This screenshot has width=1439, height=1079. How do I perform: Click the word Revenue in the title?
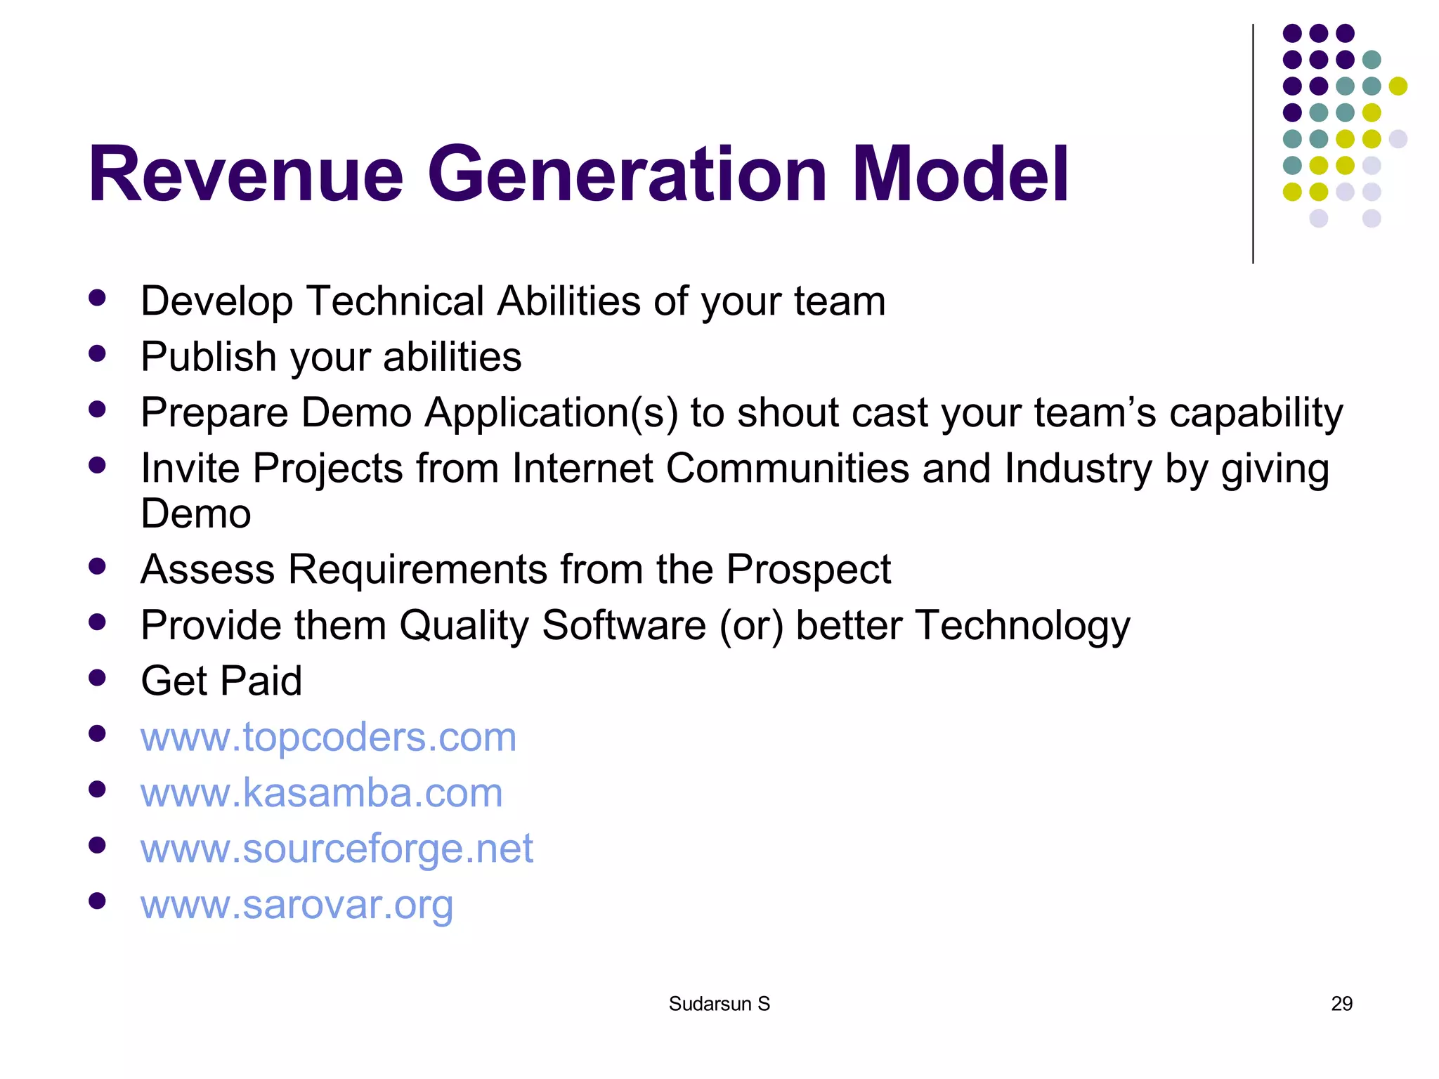245,174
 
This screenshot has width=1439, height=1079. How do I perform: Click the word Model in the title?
960,174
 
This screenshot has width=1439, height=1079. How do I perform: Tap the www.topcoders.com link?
328,737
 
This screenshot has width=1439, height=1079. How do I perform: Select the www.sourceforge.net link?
337,848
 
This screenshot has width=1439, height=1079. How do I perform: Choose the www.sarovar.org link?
297,904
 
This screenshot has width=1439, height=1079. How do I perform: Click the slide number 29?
1341,1004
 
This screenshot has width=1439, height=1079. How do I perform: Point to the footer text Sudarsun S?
719,1004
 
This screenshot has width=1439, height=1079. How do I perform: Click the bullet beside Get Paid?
97,677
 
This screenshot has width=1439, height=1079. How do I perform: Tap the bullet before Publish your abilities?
97,353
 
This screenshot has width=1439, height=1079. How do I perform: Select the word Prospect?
808,569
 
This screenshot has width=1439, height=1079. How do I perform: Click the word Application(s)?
551,412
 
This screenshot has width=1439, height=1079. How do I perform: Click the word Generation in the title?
627,174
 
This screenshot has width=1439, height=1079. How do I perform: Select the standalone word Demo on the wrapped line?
195,514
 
